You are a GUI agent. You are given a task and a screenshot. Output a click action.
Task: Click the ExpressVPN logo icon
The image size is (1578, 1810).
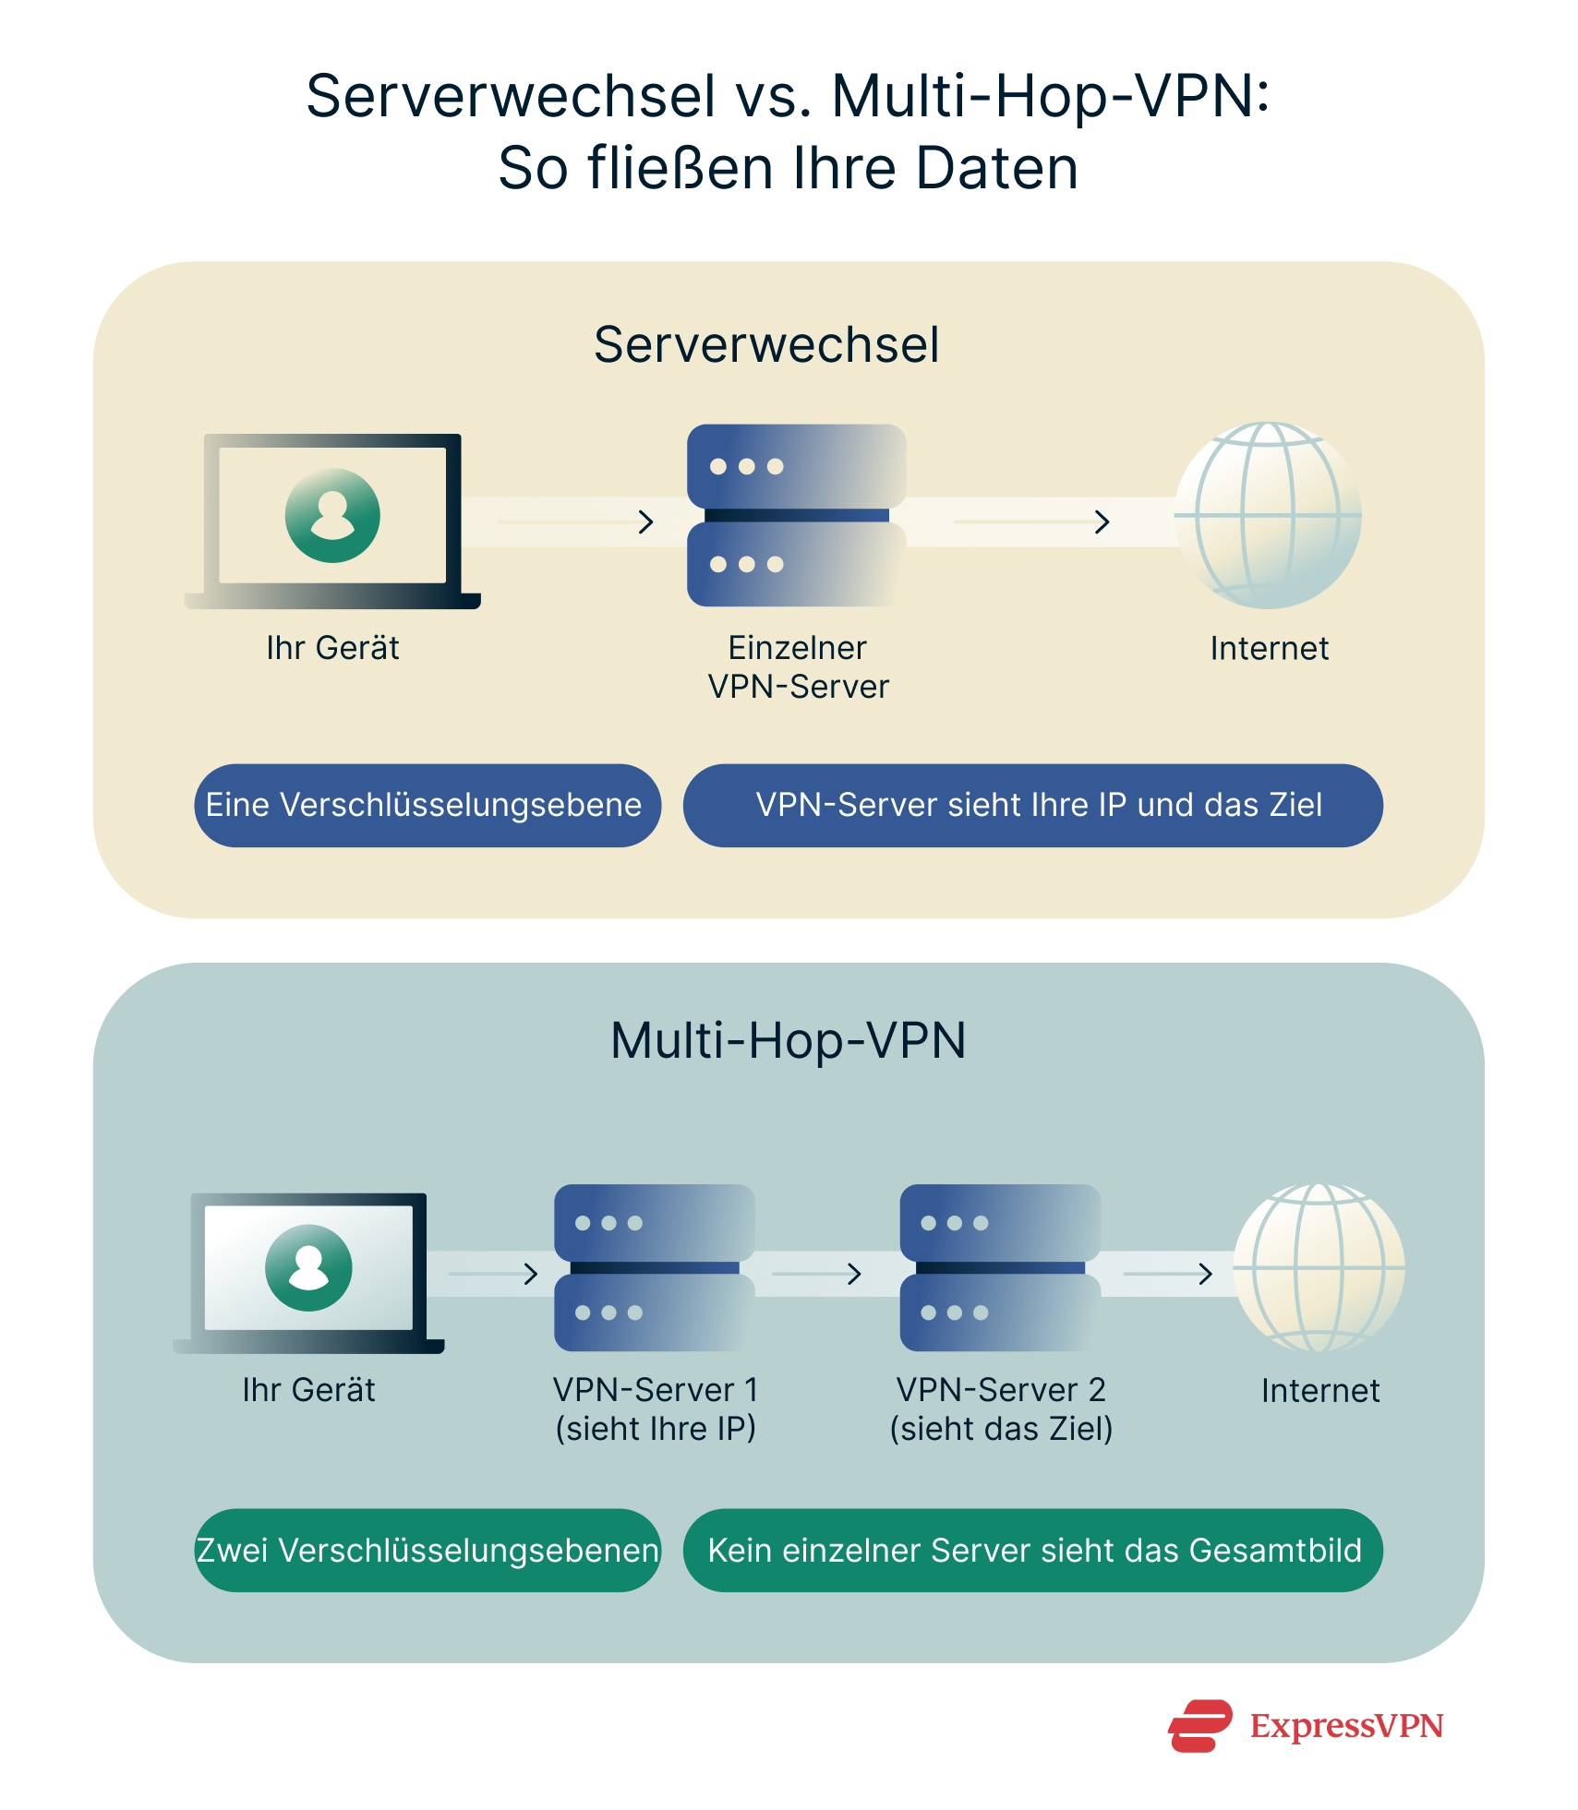[x=1199, y=1725]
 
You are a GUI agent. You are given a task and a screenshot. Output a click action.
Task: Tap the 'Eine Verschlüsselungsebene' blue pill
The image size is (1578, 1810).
[x=427, y=805]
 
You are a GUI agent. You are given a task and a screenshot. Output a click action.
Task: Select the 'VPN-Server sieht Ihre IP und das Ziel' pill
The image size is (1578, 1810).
[x=1032, y=805]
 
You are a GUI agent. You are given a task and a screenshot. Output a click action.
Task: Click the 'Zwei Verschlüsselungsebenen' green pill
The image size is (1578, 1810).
[x=427, y=1551]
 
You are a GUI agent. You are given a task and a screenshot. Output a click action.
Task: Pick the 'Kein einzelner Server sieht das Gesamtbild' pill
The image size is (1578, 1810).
[x=1032, y=1551]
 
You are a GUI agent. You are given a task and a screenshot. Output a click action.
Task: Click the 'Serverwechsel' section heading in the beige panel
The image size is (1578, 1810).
[x=765, y=345]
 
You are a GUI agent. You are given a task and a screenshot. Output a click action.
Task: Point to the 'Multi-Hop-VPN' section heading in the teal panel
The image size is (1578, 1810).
[x=788, y=1040]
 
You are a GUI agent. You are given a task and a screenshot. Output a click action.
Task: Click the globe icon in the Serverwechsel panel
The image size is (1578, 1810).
[x=1268, y=515]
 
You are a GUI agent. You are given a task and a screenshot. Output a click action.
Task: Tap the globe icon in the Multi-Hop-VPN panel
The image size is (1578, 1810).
[x=1319, y=1268]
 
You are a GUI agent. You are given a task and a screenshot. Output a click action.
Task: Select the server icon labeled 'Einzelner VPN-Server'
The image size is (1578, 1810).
[x=796, y=515]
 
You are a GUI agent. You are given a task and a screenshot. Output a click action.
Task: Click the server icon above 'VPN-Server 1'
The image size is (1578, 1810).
[x=654, y=1267]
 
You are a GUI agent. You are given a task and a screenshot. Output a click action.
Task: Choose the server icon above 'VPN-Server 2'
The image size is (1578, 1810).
[x=1000, y=1267]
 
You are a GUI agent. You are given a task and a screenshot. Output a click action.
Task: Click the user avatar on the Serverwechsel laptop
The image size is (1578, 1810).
[x=332, y=515]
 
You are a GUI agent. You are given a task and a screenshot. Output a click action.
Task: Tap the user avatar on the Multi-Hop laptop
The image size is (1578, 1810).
[x=308, y=1267]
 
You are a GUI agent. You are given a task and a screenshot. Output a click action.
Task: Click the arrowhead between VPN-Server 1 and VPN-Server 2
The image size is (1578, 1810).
[x=855, y=1274]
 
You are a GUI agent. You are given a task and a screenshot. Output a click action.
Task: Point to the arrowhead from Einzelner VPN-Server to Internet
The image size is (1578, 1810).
[x=1102, y=522]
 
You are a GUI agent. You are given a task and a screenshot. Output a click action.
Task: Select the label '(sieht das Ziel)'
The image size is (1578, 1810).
[x=1001, y=1429]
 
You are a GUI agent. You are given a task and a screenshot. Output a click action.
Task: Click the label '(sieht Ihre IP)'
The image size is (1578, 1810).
[x=655, y=1429]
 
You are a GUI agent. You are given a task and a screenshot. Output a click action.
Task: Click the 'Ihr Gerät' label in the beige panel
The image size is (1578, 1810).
[x=332, y=648]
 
